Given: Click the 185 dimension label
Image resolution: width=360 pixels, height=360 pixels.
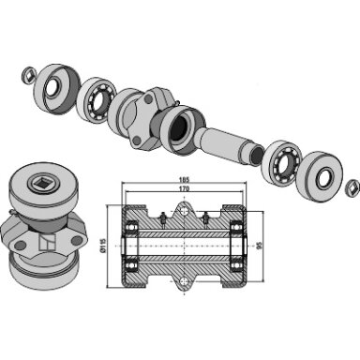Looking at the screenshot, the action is [x=185, y=180].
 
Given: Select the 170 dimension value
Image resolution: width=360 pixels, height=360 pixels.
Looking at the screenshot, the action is [x=185, y=188].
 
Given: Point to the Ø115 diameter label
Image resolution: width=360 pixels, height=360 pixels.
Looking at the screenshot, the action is [x=103, y=245].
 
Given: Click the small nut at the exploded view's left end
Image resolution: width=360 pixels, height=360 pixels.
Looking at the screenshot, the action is [x=29, y=74].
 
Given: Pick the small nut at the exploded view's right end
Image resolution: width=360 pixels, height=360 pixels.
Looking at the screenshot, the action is [x=352, y=187].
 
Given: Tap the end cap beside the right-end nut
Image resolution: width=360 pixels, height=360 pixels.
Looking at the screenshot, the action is [x=322, y=176].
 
